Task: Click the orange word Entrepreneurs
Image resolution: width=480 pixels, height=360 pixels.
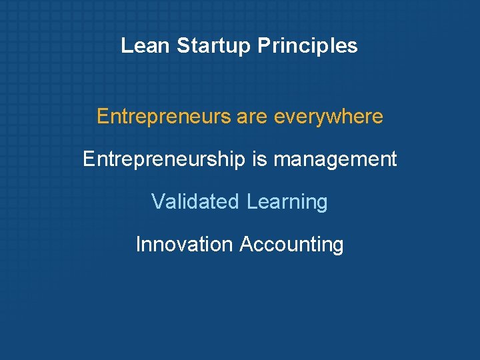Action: click(x=163, y=117)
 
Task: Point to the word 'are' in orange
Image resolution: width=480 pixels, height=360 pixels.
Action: click(x=252, y=117)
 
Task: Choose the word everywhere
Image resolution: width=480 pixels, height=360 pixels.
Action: click(x=329, y=117)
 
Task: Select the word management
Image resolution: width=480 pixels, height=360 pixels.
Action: click(x=335, y=159)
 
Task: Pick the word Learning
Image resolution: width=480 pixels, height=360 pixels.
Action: click(x=287, y=201)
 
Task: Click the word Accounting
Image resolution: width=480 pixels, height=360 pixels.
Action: click(x=291, y=244)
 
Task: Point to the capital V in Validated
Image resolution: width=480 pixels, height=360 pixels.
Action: click(x=157, y=201)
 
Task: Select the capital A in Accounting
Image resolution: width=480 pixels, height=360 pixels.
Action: click(x=245, y=244)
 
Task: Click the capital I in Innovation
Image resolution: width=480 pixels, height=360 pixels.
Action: click(x=138, y=244)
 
